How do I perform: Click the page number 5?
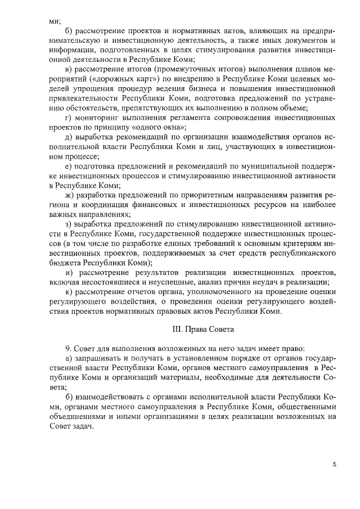tap(334, 465)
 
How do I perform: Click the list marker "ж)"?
tap(70, 195)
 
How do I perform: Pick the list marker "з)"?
tap(70, 224)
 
